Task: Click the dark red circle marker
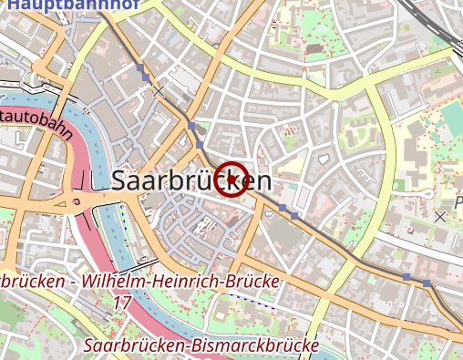(x=233, y=179)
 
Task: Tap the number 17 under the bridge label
(x=123, y=301)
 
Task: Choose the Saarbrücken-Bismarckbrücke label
(x=200, y=346)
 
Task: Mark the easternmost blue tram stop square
(x=427, y=283)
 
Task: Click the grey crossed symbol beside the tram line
(x=159, y=91)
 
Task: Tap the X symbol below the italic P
(x=441, y=217)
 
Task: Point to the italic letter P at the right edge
(x=458, y=200)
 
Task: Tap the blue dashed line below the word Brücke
(x=251, y=300)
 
